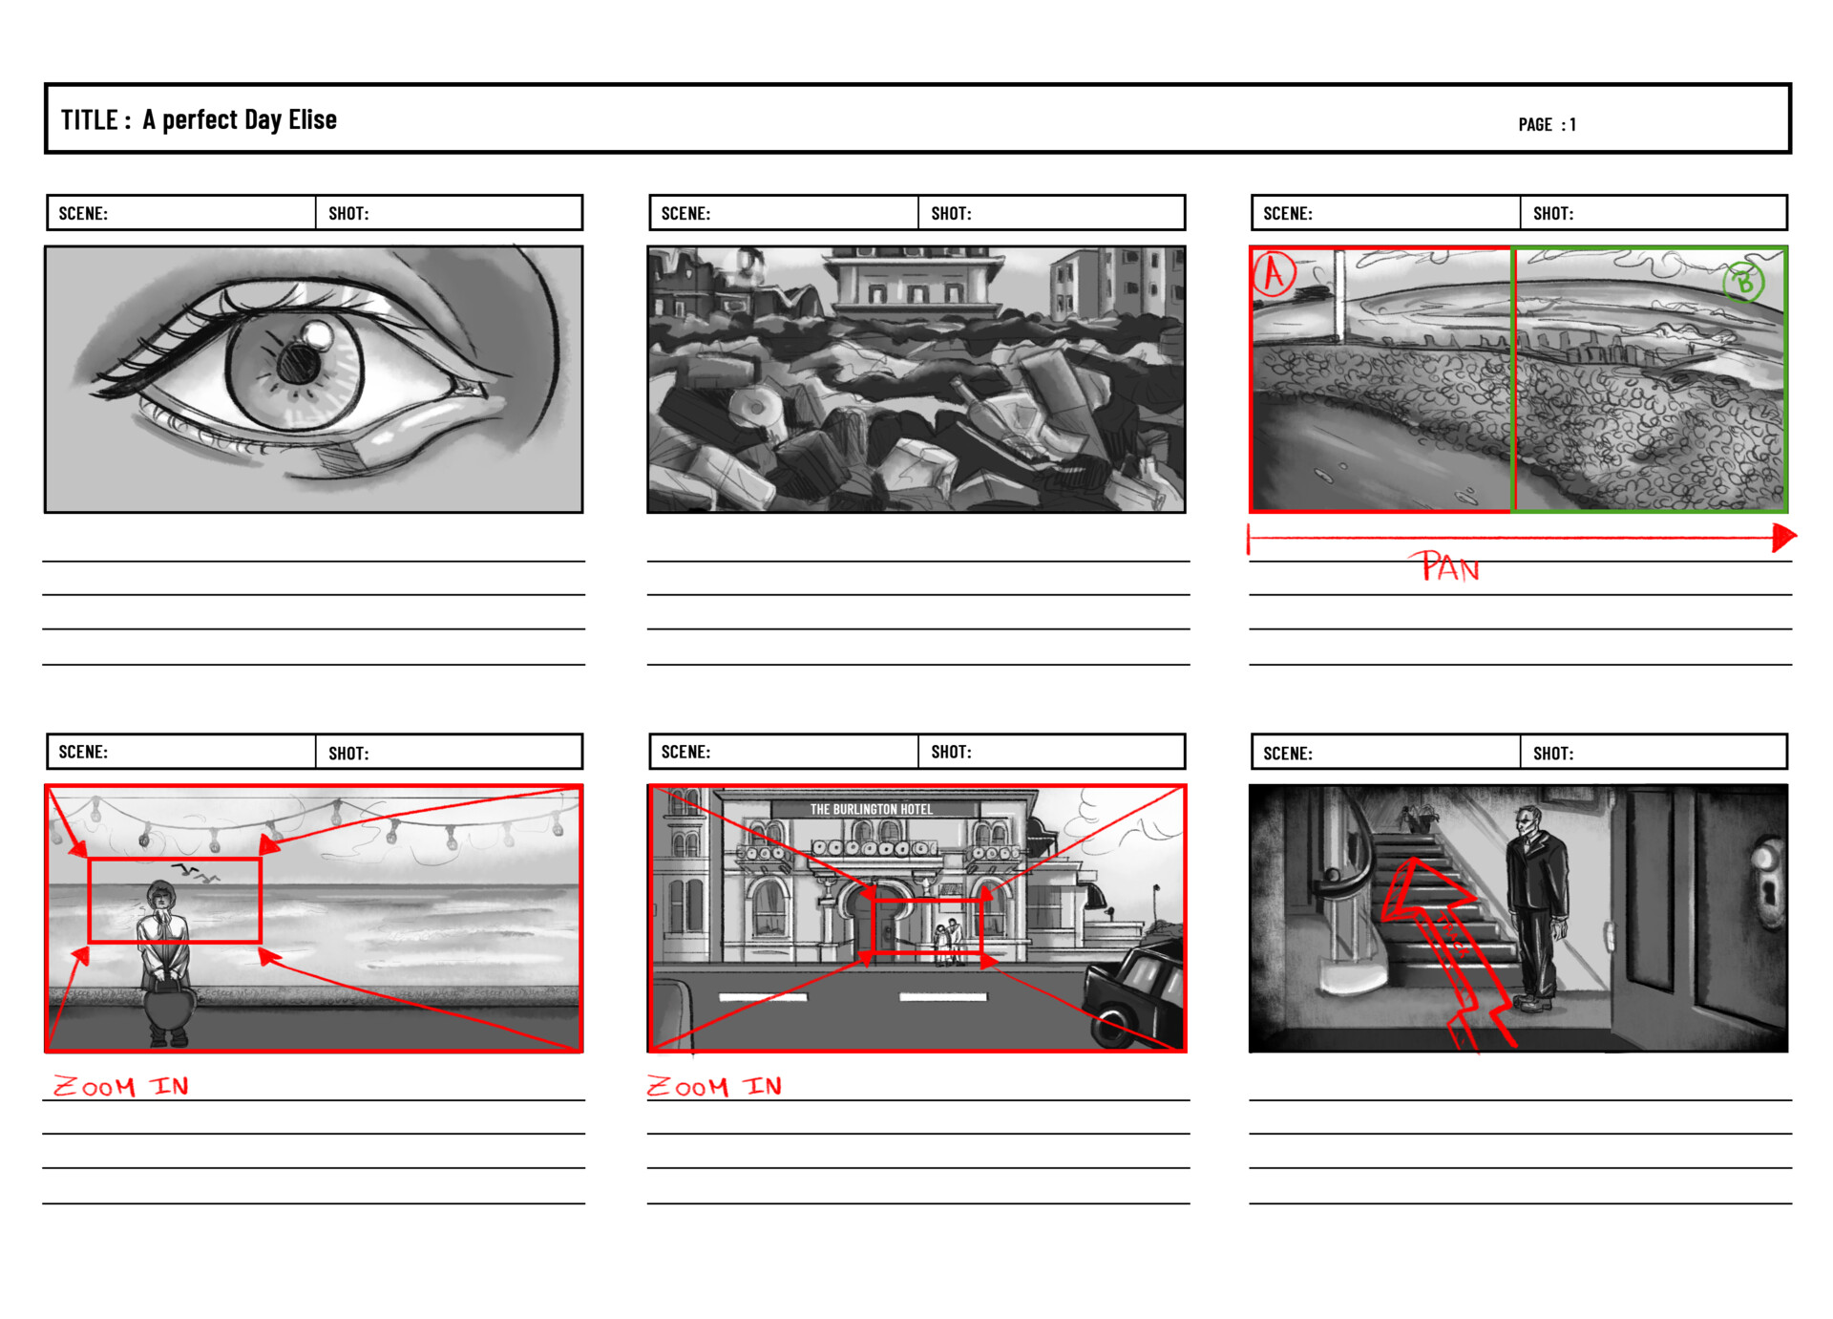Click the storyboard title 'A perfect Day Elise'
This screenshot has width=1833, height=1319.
pos(240,119)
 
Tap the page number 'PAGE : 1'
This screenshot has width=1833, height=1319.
pos(1547,124)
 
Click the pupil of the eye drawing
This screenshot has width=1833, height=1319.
pos(299,364)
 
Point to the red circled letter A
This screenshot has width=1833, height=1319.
pos(1274,273)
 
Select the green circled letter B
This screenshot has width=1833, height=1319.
pos(1743,282)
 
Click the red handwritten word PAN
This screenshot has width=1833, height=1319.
pos(1449,567)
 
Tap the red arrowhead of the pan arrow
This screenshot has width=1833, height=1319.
pos(1783,538)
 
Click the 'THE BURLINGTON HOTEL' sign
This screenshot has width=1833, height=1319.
pos(872,809)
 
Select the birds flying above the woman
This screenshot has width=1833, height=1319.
pos(196,871)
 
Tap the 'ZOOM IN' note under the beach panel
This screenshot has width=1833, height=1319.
pos(121,1086)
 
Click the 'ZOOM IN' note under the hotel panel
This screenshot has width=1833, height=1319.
pos(715,1086)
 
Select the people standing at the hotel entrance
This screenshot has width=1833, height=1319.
pos(947,944)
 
